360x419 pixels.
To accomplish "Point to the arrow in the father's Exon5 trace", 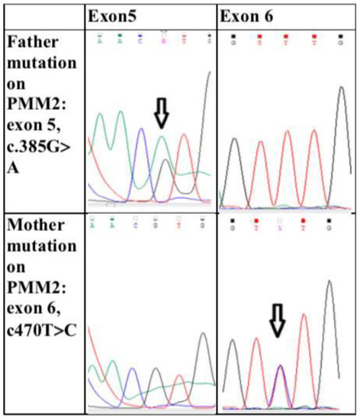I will tap(161, 114).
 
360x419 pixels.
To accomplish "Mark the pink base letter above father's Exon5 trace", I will tap(164, 36).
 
